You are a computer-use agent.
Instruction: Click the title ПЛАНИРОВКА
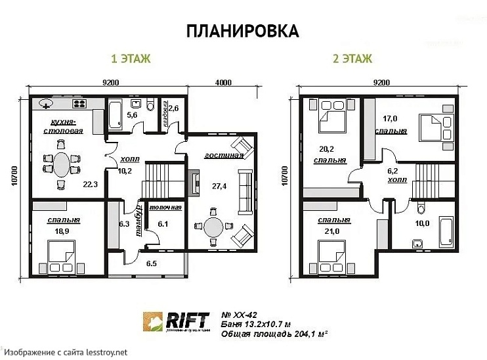point(242,31)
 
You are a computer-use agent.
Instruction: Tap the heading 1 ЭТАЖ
point(131,59)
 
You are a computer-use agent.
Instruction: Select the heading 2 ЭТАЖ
point(352,59)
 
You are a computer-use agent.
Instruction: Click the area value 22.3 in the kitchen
point(91,185)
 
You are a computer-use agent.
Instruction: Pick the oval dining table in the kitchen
point(61,164)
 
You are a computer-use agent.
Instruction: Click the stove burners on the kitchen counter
point(79,103)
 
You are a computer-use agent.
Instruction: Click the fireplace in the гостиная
point(195,183)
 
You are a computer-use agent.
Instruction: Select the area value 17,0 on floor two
point(391,119)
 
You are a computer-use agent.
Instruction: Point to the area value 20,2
point(327,148)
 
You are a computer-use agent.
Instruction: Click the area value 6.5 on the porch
point(152,263)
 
